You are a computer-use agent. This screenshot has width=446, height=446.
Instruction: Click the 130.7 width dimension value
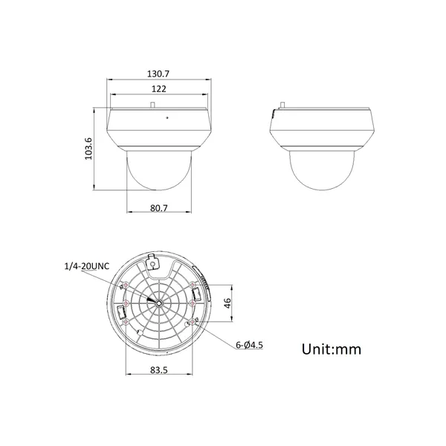coord(158,74)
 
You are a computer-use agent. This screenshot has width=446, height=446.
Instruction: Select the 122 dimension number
coord(159,89)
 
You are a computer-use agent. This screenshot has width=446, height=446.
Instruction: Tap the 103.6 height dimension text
coord(88,149)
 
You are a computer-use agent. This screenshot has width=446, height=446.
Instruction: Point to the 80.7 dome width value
coord(159,208)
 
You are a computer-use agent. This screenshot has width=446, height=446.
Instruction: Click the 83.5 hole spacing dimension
coord(159,370)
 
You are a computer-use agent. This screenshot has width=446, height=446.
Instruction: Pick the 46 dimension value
coord(227,303)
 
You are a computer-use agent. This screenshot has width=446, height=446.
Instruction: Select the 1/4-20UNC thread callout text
coord(87,266)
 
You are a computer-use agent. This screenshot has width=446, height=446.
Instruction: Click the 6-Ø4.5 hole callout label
coord(249,345)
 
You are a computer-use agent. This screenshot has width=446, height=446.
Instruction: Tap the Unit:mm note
coord(332,349)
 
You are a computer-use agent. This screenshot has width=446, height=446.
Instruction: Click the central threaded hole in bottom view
coord(159,303)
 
